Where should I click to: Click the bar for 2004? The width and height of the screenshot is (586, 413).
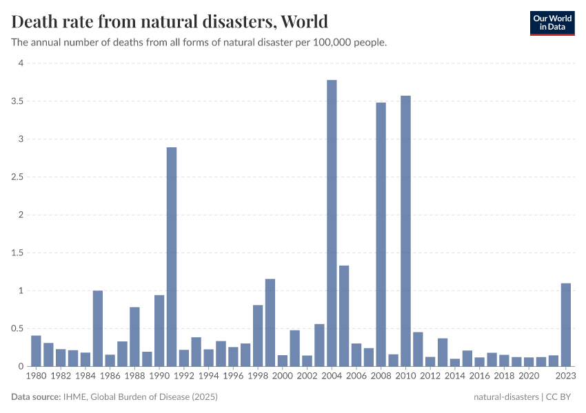332,223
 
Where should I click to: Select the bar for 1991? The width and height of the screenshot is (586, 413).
172,257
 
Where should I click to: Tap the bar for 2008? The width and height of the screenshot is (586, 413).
381,234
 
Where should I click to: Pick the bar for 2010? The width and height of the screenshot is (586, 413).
405,231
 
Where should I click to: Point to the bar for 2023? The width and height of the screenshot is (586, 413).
566,325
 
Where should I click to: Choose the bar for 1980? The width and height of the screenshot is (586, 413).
36,351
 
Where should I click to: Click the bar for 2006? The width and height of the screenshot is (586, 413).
356,354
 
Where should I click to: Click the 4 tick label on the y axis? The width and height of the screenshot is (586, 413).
21,63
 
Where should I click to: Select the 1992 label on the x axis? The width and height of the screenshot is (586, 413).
183,377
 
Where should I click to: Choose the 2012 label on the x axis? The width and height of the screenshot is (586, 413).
430,377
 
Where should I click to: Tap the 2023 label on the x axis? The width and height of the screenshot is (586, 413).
565,377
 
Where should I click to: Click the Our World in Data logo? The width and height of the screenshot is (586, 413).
552,23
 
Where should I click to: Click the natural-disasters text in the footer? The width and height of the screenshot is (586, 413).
506,397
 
